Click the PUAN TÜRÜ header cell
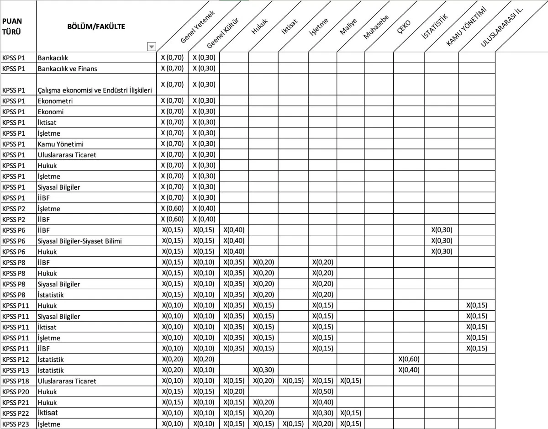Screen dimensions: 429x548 (x=12, y=27)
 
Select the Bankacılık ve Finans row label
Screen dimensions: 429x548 (x=67, y=69)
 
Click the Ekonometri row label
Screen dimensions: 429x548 (x=55, y=101)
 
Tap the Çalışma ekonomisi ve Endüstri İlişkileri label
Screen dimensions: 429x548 (x=95, y=90)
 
